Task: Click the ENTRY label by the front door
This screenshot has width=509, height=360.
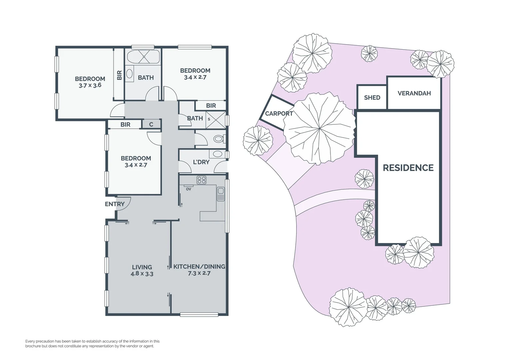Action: pos(115,204)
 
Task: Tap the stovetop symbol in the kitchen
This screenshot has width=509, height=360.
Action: pos(201,180)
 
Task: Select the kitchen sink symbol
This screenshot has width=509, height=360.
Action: pos(221,194)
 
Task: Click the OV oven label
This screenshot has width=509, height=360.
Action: pos(189,189)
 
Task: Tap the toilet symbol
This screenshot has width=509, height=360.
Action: pos(219,139)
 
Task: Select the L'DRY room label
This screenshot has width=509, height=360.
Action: pos(201,162)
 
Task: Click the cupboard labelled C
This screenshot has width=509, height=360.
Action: pos(151,124)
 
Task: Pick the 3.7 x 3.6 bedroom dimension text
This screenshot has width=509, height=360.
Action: pos(90,85)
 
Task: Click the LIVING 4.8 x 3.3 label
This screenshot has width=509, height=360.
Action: pos(142,270)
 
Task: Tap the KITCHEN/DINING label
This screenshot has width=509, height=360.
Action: pos(199,267)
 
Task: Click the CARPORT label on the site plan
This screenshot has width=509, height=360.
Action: pos(279,114)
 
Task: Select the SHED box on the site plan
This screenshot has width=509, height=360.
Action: pos(372,97)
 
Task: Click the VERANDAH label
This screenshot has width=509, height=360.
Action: pos(414,93)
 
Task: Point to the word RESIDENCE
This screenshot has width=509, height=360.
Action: pos(408,168)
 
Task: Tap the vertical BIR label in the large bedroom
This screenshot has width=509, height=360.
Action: pos(119,75)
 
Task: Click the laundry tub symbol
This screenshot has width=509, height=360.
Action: pos(218,154)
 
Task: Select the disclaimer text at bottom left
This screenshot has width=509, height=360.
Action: pos(92,344)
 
